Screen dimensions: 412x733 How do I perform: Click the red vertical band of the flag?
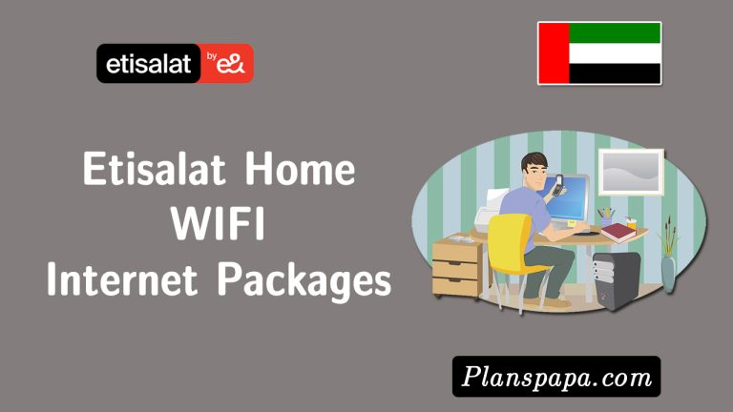click(554, 52)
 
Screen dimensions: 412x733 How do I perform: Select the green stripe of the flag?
click(615, 31)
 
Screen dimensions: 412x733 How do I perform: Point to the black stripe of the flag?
click(615, 73)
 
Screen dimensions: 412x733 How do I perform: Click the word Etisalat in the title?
click(152, 171)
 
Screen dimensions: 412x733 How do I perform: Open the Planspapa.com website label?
click(556, 377)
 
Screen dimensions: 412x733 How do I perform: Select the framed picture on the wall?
click(630, 173)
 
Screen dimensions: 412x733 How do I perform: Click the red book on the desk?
click(618, 230)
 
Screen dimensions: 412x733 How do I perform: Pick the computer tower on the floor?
click(616, 277)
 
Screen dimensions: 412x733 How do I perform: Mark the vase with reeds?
click(669, 257)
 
